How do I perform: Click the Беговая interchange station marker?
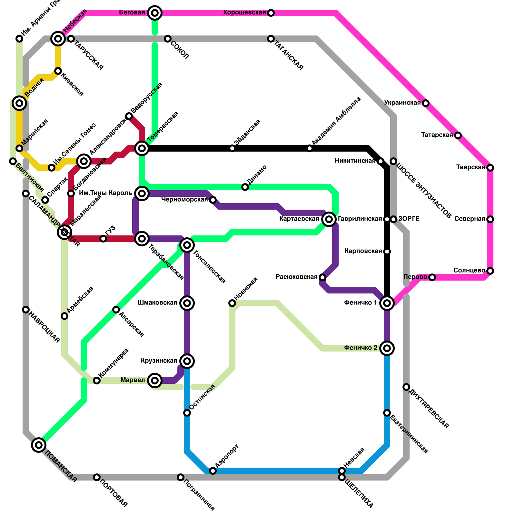(x=155, y=13)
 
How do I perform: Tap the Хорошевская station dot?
(x=271, y=13)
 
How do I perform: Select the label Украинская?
(x=402, y=103)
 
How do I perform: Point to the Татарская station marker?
(x=458, y=135)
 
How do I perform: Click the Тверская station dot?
(x=490, y=168)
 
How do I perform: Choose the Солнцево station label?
(x=469, y=271)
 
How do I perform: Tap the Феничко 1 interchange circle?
(x=387, y=303)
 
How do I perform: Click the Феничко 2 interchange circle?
(x=387, y=348)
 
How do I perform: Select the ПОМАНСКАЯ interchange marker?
(x=39, y=445)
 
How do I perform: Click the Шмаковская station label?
(x=157, y=303)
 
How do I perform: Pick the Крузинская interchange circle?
(x=187, y=361)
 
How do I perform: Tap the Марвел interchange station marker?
(x=155, y=381)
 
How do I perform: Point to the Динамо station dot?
(x=245, y=187)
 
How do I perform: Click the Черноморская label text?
(x=184, y=200)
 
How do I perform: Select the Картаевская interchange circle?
(x=329, y=219)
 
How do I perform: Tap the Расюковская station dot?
(x=322, y=277)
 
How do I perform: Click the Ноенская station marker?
(x=232, y=303)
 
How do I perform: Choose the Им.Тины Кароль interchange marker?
(x=142, y=193)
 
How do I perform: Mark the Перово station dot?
(x=432, y=277)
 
